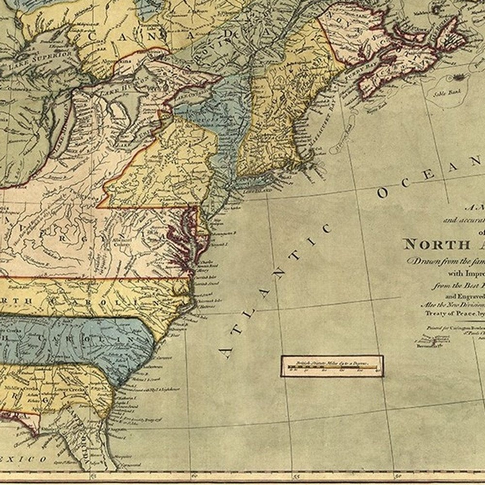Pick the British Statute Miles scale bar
tap(332, 366)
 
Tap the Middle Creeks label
tap(15, 388)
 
